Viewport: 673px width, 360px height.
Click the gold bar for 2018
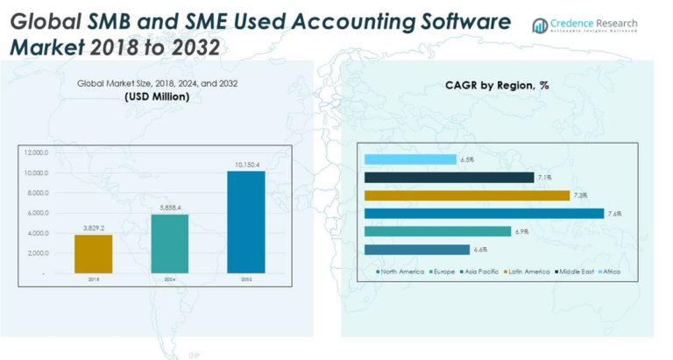[x=93, y=254]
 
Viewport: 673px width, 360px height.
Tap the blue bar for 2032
[x=245, y=222]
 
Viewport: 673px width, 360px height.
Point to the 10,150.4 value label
[x=245, y=164]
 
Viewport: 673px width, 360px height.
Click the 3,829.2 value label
[x=93, y=228]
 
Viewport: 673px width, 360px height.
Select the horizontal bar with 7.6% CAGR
[x=484, y=214]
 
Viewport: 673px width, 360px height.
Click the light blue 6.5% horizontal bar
[x=409, y=159]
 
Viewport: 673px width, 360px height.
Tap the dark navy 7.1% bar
[x=448, y=178]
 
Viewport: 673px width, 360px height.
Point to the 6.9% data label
[x=521, y=231]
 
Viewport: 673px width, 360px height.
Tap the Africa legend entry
[x=611, y=272]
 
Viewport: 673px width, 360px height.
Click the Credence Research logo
[x=584, y=26]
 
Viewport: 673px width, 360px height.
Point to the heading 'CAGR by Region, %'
[x=497, y=85]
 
